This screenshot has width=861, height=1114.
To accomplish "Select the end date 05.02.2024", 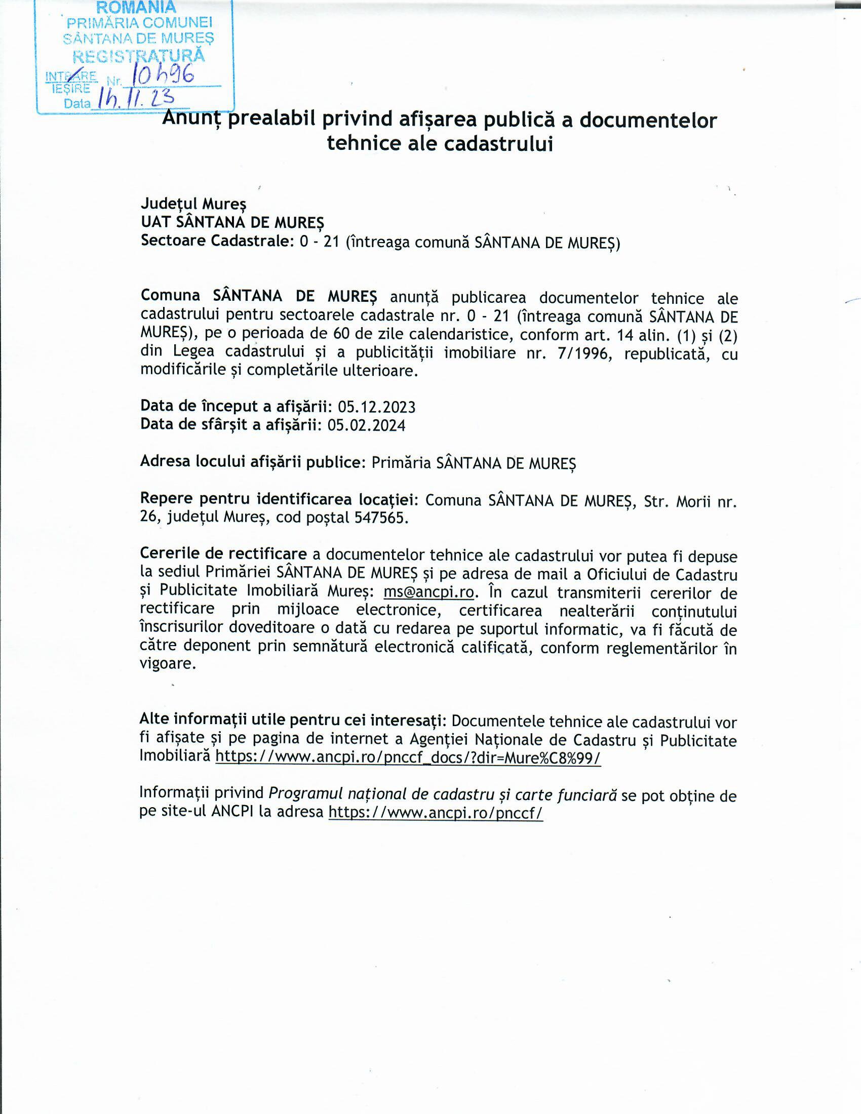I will tap(366, 425).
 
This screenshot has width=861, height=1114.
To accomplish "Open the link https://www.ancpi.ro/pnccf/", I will tap(436, 812).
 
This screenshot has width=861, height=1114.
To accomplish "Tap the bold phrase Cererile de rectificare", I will tap(223, 554).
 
